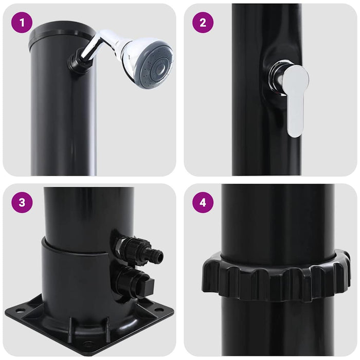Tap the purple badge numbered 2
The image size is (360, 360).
pos(203,22)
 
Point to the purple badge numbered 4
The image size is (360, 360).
pos(203,202)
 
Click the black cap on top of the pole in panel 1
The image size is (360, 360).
pos(62,32)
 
